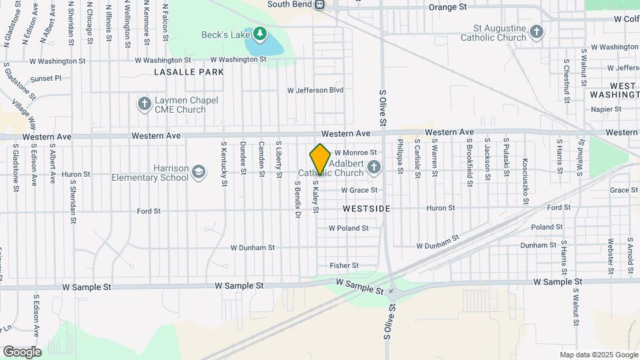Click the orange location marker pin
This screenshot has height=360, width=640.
[320, 159]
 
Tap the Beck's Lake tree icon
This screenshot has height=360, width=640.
[260, 33]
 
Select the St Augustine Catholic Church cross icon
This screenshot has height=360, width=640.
[537, 31]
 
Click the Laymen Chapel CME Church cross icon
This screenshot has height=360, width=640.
[143, 103]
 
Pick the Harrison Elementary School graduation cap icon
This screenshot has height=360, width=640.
[198, 173]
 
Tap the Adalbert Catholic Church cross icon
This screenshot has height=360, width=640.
[374, 167]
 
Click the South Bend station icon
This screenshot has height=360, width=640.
[320, 5]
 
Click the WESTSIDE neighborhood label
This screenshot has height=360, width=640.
[366, 209]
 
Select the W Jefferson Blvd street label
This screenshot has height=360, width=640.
[315, 90]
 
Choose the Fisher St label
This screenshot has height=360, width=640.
[344, 265]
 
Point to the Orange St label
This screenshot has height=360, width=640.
[448, 7]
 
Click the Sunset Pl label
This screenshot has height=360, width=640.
[45, 78]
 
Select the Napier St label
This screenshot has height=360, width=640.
[605, 109]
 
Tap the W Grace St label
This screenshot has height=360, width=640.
[359, 190]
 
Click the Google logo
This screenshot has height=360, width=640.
[22, 351]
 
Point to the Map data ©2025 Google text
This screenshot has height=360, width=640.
[597, 355]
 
